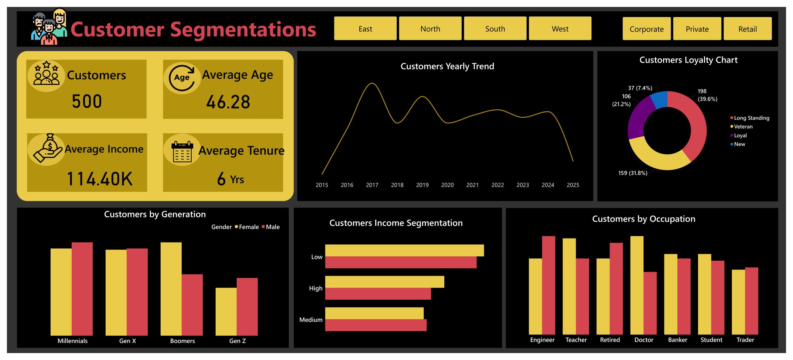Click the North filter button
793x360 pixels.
pyautogui.click(x=430, y=29)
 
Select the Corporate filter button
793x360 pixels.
pyautogui.click(x=646, y=29)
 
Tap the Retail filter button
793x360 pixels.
pyautogui.click(x=747, y=29)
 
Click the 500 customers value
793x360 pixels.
pyautogui.click(x=87, y=102)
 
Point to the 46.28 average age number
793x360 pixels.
pyautogui.click(x=228, y=102)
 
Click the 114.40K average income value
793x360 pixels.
pyautogui.click(x=99, y=179)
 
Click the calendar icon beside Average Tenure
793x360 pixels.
pyautogui.click(x=182, y=151)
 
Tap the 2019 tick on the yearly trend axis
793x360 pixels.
pyautogui.click(x=422, y=185)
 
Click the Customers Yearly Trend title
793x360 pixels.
pyautogui.click(x=447, y=66)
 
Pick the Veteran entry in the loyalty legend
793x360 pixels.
pyautogui.click(x=743, y=127)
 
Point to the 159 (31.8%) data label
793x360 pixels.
pyautogui.click(x=633, y=173)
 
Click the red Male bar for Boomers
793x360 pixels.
pyautogui.click(x=192, y=305)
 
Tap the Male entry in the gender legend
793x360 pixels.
pyautogui.click(x=273, y=227)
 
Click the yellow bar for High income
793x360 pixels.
pyautogui.click(x=384, y=282)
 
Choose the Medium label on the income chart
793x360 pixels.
pyautogui.click(x=311, y=320)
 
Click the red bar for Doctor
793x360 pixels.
pyautogui.click(x=650, y=303)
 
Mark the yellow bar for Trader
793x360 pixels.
pyautogui.click(x=738, y=302)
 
